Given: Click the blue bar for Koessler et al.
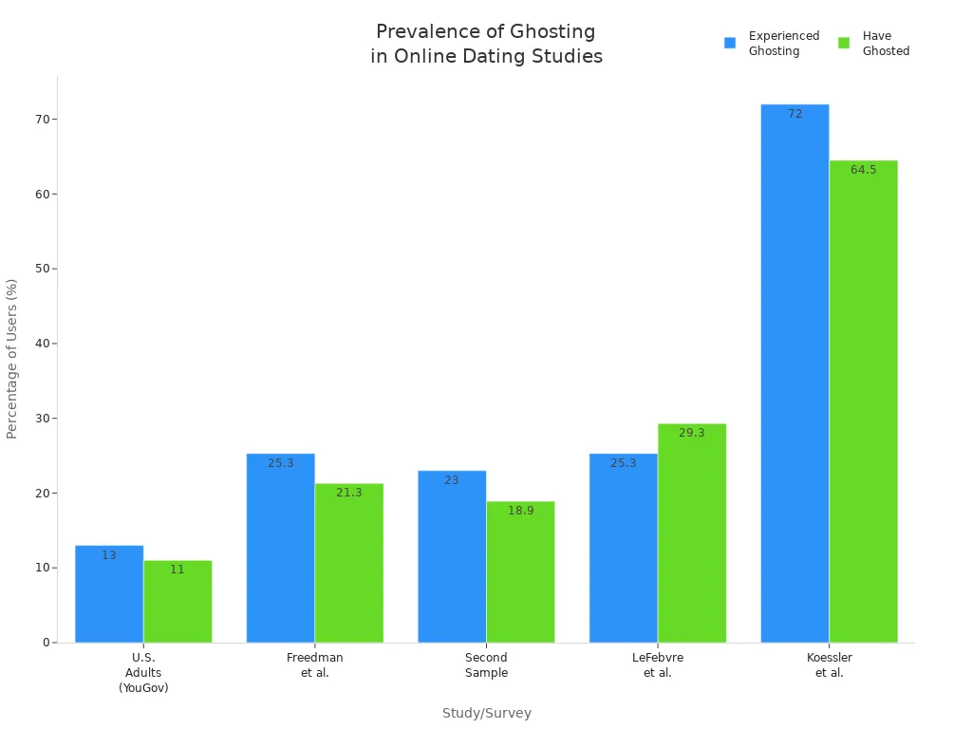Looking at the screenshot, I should (794, 373).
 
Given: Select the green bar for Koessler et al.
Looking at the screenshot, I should (863, 402).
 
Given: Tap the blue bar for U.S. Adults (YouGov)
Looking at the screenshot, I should (109, 594).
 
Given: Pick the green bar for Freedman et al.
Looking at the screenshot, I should (349, 563).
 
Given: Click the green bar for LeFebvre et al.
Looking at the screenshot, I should (692, 533).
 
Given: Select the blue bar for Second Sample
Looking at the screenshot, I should (452, 556).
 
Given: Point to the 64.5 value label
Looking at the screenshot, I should (864, 170).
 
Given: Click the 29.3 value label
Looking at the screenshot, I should (692, 433).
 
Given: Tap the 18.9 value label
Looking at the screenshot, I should (521, 511).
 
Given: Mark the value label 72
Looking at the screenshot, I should (795, 114).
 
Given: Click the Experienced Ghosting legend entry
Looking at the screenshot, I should (772, 44).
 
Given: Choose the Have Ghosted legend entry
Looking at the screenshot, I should (874, 44).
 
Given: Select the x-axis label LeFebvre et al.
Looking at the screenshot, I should (658, 665).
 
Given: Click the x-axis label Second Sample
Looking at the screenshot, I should (486, 665).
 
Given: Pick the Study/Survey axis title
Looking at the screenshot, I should (487, 714).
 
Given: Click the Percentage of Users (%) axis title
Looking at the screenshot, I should (12, 359).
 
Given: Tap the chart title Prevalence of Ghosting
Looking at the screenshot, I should (486, 44).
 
